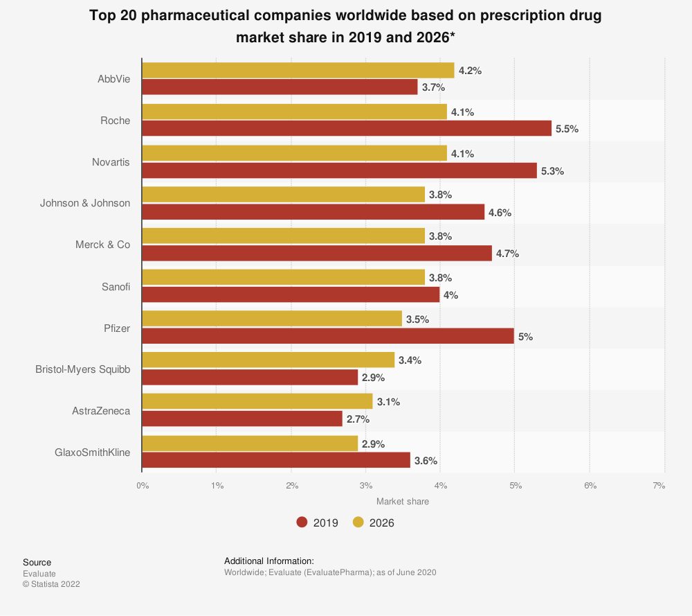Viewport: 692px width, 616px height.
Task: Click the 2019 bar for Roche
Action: tap(346, 129)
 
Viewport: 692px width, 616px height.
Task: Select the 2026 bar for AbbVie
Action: tap(298, 71)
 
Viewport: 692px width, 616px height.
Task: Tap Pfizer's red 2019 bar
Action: tap(327, 337)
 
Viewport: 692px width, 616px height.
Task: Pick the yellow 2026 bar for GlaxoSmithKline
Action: tap(249, 443)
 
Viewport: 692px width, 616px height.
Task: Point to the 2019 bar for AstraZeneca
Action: tap(242, 419)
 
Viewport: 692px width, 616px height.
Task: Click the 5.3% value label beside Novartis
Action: tap(552, 171)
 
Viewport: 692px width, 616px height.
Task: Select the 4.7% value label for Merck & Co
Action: tap(507, 254)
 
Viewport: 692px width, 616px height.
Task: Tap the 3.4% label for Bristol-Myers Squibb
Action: tap(410, 360)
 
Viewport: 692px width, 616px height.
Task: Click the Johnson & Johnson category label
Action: tap(84, 203)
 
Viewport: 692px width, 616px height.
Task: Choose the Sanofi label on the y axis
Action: tap(115, 286)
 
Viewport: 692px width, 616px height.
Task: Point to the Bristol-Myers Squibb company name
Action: tap(82, 369)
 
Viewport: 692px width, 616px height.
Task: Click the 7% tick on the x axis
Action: tap(658, 486)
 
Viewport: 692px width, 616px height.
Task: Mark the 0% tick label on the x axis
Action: tap(143, 486)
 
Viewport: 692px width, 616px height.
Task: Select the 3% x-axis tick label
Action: tap(366, 486)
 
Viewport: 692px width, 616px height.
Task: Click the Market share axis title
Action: tap(402, 502)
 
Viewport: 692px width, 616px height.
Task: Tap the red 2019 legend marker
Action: tap(302, 522)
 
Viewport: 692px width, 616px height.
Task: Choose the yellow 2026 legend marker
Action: tap(358, 522)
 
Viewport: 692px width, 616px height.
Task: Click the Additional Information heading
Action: tap(269, 561)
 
